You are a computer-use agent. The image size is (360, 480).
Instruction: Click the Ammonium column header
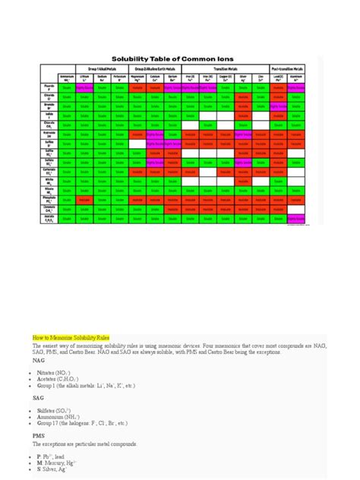point(67,98)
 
